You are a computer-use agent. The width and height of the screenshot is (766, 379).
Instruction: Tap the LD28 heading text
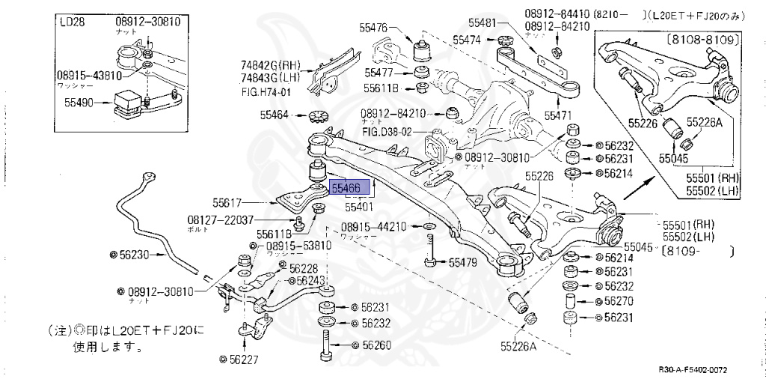pyautogui.click(x=72, y=22)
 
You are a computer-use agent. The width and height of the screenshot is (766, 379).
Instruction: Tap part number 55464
pyautogui.click(x=275, y=115)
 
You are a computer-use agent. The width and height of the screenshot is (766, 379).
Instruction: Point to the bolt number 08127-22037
pyautogui.click(x=220, y=219)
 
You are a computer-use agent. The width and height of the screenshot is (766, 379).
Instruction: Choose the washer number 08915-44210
pyautogui.click(x=373, y=226)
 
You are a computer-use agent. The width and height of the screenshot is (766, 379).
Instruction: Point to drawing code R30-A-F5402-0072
pyautogui.click(x=693, y=370)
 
